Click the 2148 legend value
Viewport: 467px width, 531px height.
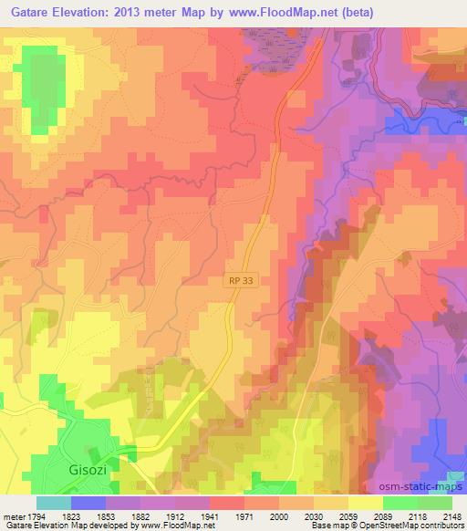pyautogui.click(x=452, y=515)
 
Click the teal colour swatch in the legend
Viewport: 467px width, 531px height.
pyautogui.click(x=53, y=503)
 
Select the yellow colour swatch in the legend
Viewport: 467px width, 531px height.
pyautogui.click(x=365, y=503)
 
